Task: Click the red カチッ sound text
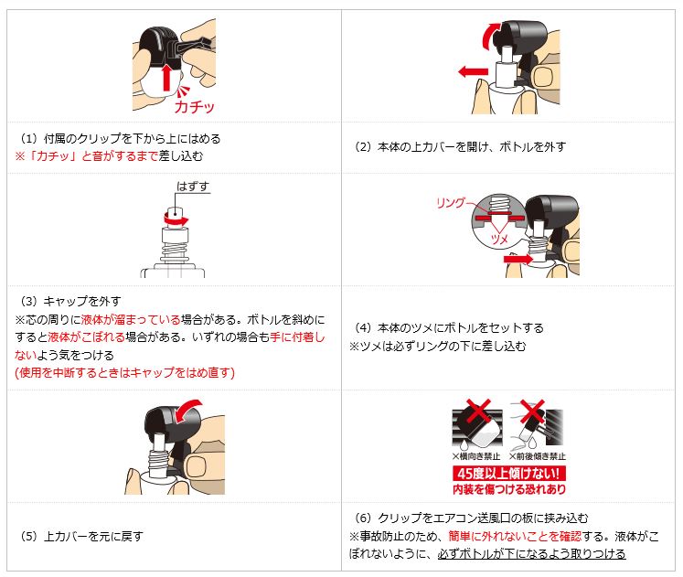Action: point(194,107)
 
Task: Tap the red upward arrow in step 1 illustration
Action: point(166,78)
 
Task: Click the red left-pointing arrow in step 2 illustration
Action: point(473,72)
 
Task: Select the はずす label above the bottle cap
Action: point(193,187)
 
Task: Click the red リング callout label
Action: point(451,203)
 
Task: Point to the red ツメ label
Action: point(499,240)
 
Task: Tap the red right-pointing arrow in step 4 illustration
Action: point(518,259)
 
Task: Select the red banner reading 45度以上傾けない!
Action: point(508,474)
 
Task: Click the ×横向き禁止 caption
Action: point(475,456)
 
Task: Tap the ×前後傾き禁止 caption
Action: point(537,456)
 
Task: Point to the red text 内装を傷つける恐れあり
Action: point(508,489)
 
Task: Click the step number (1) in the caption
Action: point(29,138)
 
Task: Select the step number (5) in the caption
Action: point(29,536)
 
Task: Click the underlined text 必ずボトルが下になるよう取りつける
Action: point(531,553)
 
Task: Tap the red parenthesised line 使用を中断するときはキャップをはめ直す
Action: point(125,373)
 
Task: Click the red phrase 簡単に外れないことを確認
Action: point(515,536)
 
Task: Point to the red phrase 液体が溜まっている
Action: point(131,320)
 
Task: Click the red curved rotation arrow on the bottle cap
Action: point(176,220)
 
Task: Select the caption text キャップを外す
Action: point(82,301)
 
